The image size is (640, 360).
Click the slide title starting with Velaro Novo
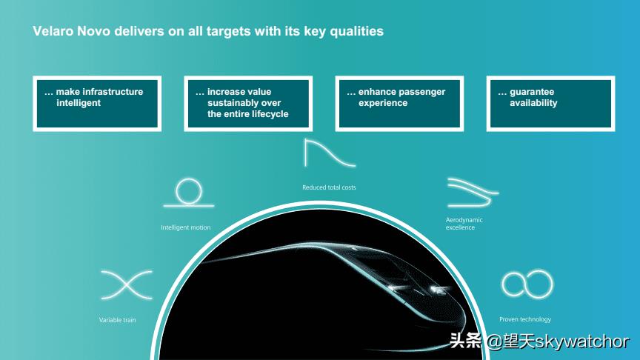click(207, 31)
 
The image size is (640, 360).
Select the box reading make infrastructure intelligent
click(97, 104)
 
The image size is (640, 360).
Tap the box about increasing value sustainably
click(248, 104)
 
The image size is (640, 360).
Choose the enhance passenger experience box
click(399, 104)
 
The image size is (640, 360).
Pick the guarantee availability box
click(550, 104)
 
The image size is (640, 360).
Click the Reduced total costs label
click(329, 187)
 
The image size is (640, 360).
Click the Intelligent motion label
click(186, 227)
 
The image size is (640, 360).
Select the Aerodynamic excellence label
click(464, 223)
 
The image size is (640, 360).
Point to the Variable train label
click(118, 320)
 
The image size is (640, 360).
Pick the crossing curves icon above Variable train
click(127, 284)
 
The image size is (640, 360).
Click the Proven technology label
click(525, 319)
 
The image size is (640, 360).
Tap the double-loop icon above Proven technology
click(527, 283)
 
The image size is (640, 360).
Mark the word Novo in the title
click(93, 31)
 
